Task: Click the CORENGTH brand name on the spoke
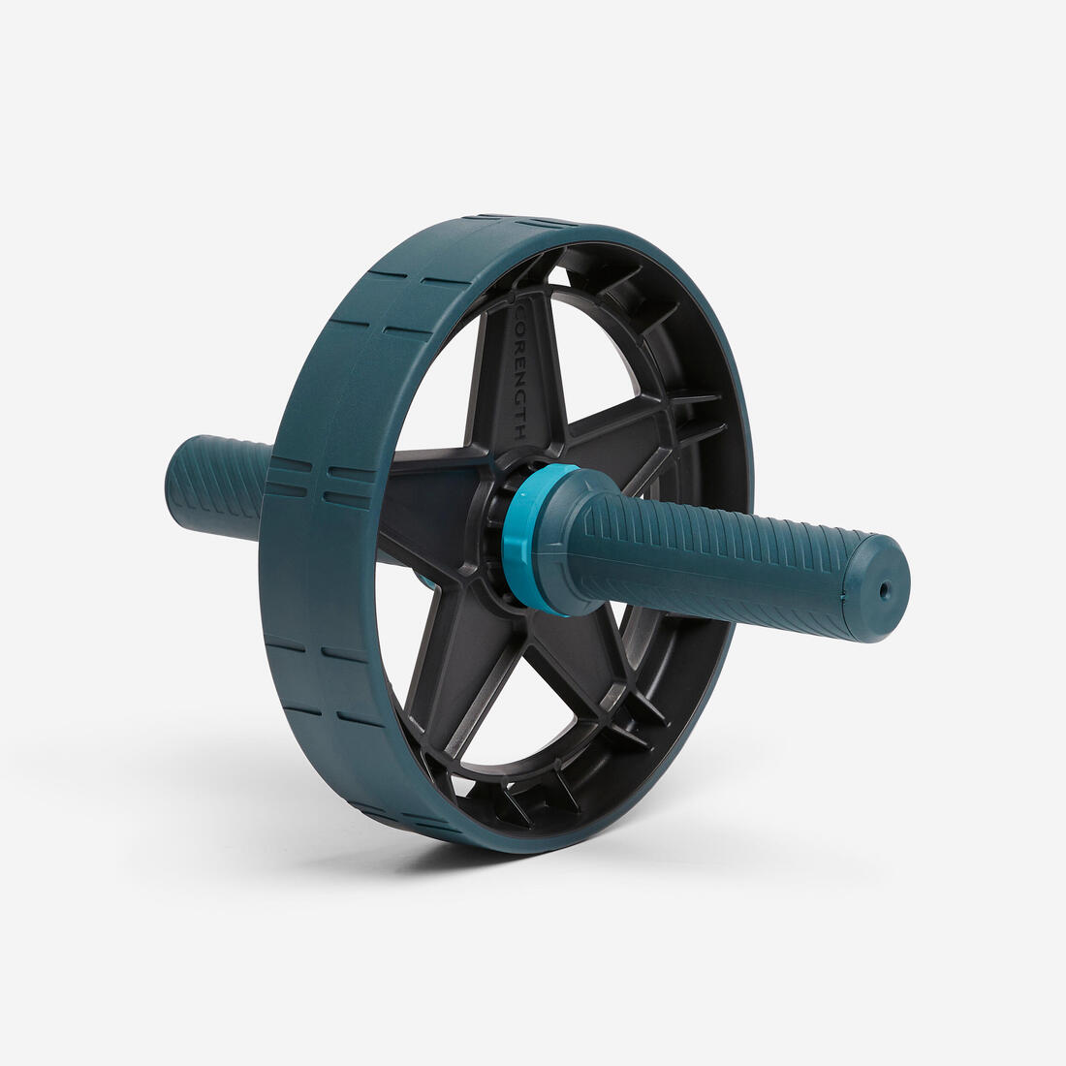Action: [519, 373]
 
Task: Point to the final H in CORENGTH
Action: [520, 432]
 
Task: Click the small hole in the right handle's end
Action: [883, 588]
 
